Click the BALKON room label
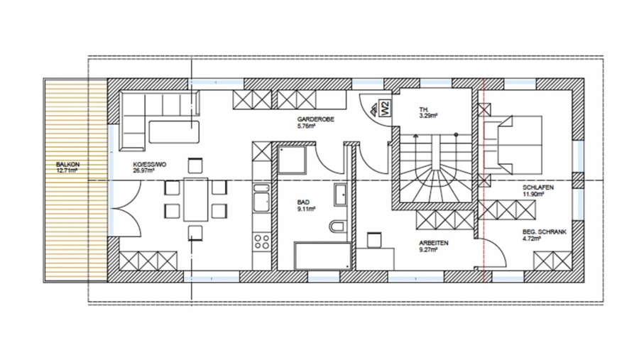tap(67, 165)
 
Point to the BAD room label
tap(304, 202)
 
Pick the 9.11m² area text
tap(307, 209)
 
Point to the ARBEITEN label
tap(433, 243)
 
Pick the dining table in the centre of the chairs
tap(196, 200)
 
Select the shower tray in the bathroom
tap(291, 161)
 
